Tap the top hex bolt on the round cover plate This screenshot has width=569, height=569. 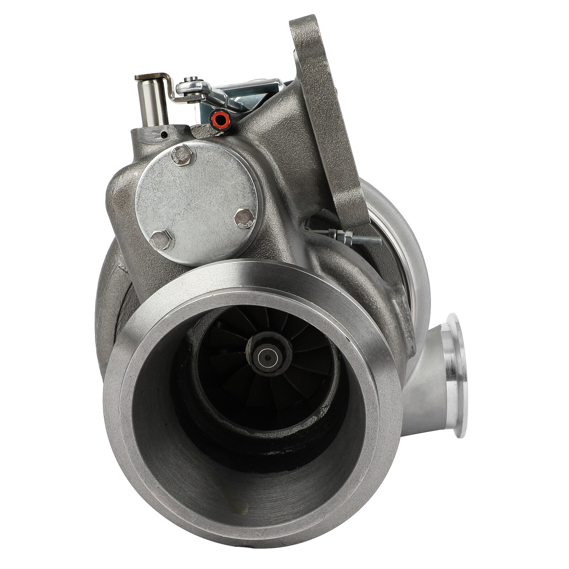point(182,155)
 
